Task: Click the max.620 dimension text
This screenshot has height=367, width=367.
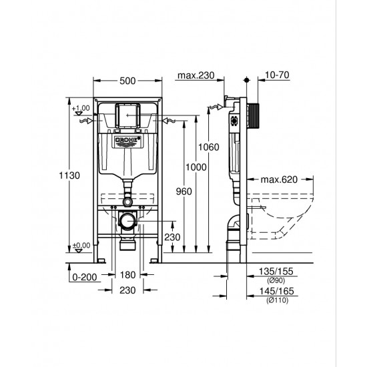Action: pos(278,179)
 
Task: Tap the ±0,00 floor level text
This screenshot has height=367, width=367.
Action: pos(81,246)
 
